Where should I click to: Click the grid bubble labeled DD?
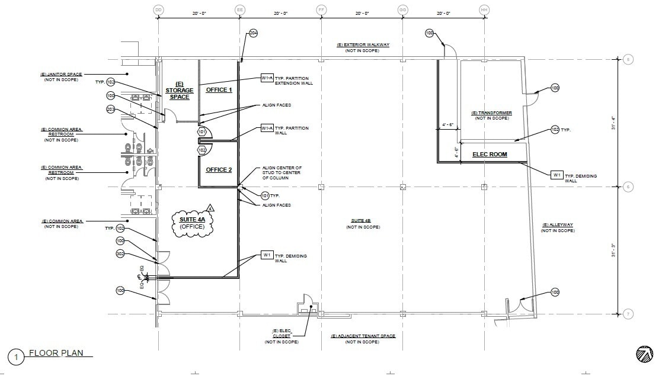pyautogui.click(x=158, y=10)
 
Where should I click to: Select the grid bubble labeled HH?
pyautogui.click(x=484, y=10)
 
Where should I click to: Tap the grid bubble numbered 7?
pyautogui.click(x=628, y=314)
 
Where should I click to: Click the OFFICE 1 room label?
pyautogui.click(x=219, y=90)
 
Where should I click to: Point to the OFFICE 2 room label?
pyautogui.click(x=219, y=170)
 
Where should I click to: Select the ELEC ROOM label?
pyautogui.click(x=490, y=155)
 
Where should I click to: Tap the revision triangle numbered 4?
pyautogui.click(x=210, y=208)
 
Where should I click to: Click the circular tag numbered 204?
pyautogui.click(x=253, y=33)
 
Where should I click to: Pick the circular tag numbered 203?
pyautogui.click(x=111, y=109)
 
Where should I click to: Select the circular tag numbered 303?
pyautogui.click(x=120, y=254)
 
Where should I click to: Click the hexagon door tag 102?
pyautogui.click(x=202, y=150)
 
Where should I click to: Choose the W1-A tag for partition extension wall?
pyautogui.click(x=267, y=78)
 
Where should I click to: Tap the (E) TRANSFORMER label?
pyautogui.click(x=491, y=113)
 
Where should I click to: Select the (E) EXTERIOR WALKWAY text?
pyautogui.click(x=362, y=45)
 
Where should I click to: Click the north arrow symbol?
pyautogui.click(x=644, y=353)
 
